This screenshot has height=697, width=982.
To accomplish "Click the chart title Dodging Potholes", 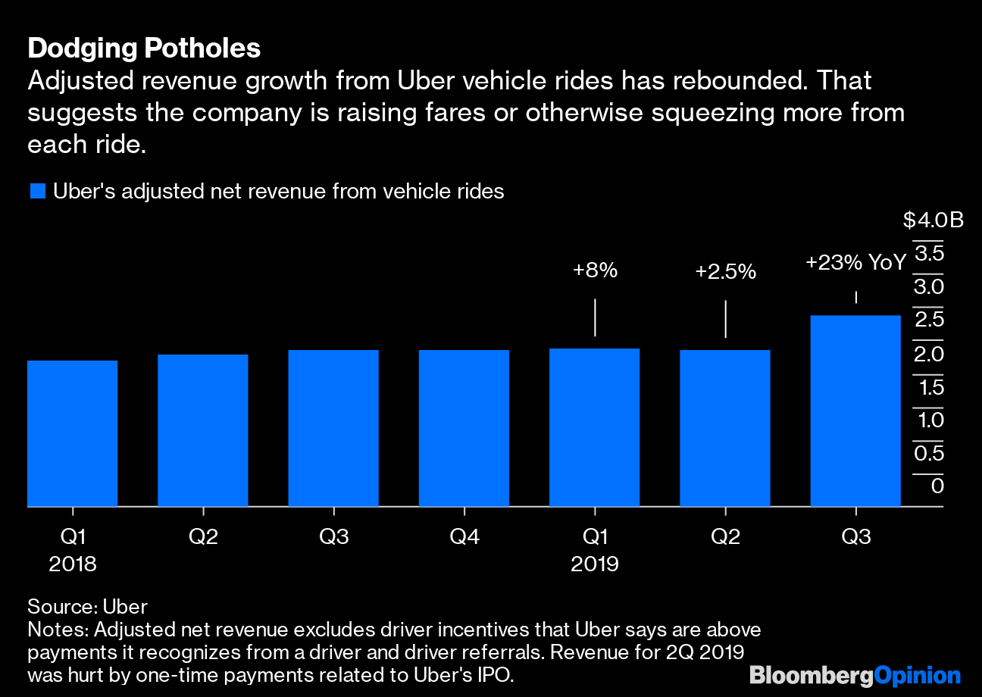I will click(x=144, y=49).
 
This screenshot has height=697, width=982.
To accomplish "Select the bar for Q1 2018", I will click(x=73, y=433).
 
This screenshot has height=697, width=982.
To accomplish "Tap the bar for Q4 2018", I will click(x=464, y=427).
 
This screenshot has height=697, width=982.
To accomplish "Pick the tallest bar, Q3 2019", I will click(x=855, y=410).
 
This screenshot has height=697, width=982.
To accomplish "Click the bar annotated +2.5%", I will click(x=725, y=427).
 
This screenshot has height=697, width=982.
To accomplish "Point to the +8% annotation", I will click(x=596, y=270).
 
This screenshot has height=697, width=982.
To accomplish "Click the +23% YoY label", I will click(x=855, y=263).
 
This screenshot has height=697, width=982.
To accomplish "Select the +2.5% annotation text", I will click(x=725, y=272).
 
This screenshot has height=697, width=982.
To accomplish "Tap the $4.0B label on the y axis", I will click(x=933, y=220).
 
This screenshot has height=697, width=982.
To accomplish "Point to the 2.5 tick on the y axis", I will click(x=929, y=320).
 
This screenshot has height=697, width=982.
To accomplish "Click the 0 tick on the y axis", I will click(x=937, y=486).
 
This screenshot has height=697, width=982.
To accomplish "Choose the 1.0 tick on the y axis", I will click(x=929, y=420).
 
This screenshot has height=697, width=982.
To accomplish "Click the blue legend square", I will click(x=38, y=192).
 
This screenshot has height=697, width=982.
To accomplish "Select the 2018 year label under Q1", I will click(x=73, y=564).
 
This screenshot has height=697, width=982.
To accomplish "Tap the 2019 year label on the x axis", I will click(x=595, y=564).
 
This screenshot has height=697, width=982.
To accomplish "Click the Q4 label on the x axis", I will click(x=464, y=537).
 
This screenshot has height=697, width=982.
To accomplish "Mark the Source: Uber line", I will click(x=87, y=607).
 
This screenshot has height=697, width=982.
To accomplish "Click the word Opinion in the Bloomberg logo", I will click(x=917, y=676).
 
